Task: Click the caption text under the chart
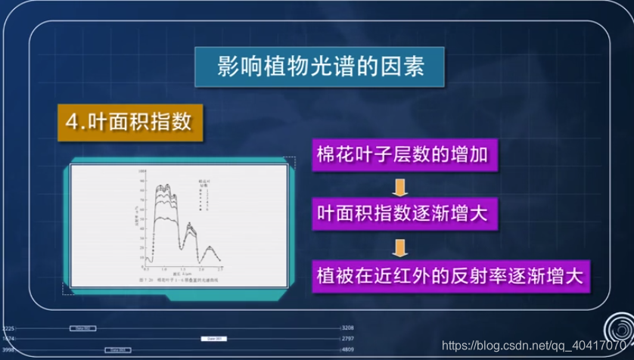179,279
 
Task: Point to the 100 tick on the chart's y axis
141,172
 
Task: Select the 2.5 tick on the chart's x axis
220,269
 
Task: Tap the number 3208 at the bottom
348,328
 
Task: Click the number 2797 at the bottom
348,339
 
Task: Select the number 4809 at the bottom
348,350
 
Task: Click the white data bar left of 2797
213,339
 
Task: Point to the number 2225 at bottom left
8,328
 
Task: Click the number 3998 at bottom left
8,350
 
